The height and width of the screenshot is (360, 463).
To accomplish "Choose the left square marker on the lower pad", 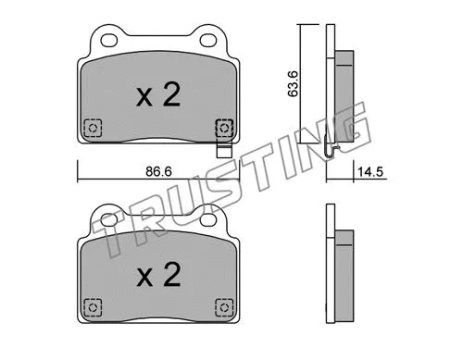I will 91,305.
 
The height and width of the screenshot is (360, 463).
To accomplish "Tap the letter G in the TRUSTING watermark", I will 350,127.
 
